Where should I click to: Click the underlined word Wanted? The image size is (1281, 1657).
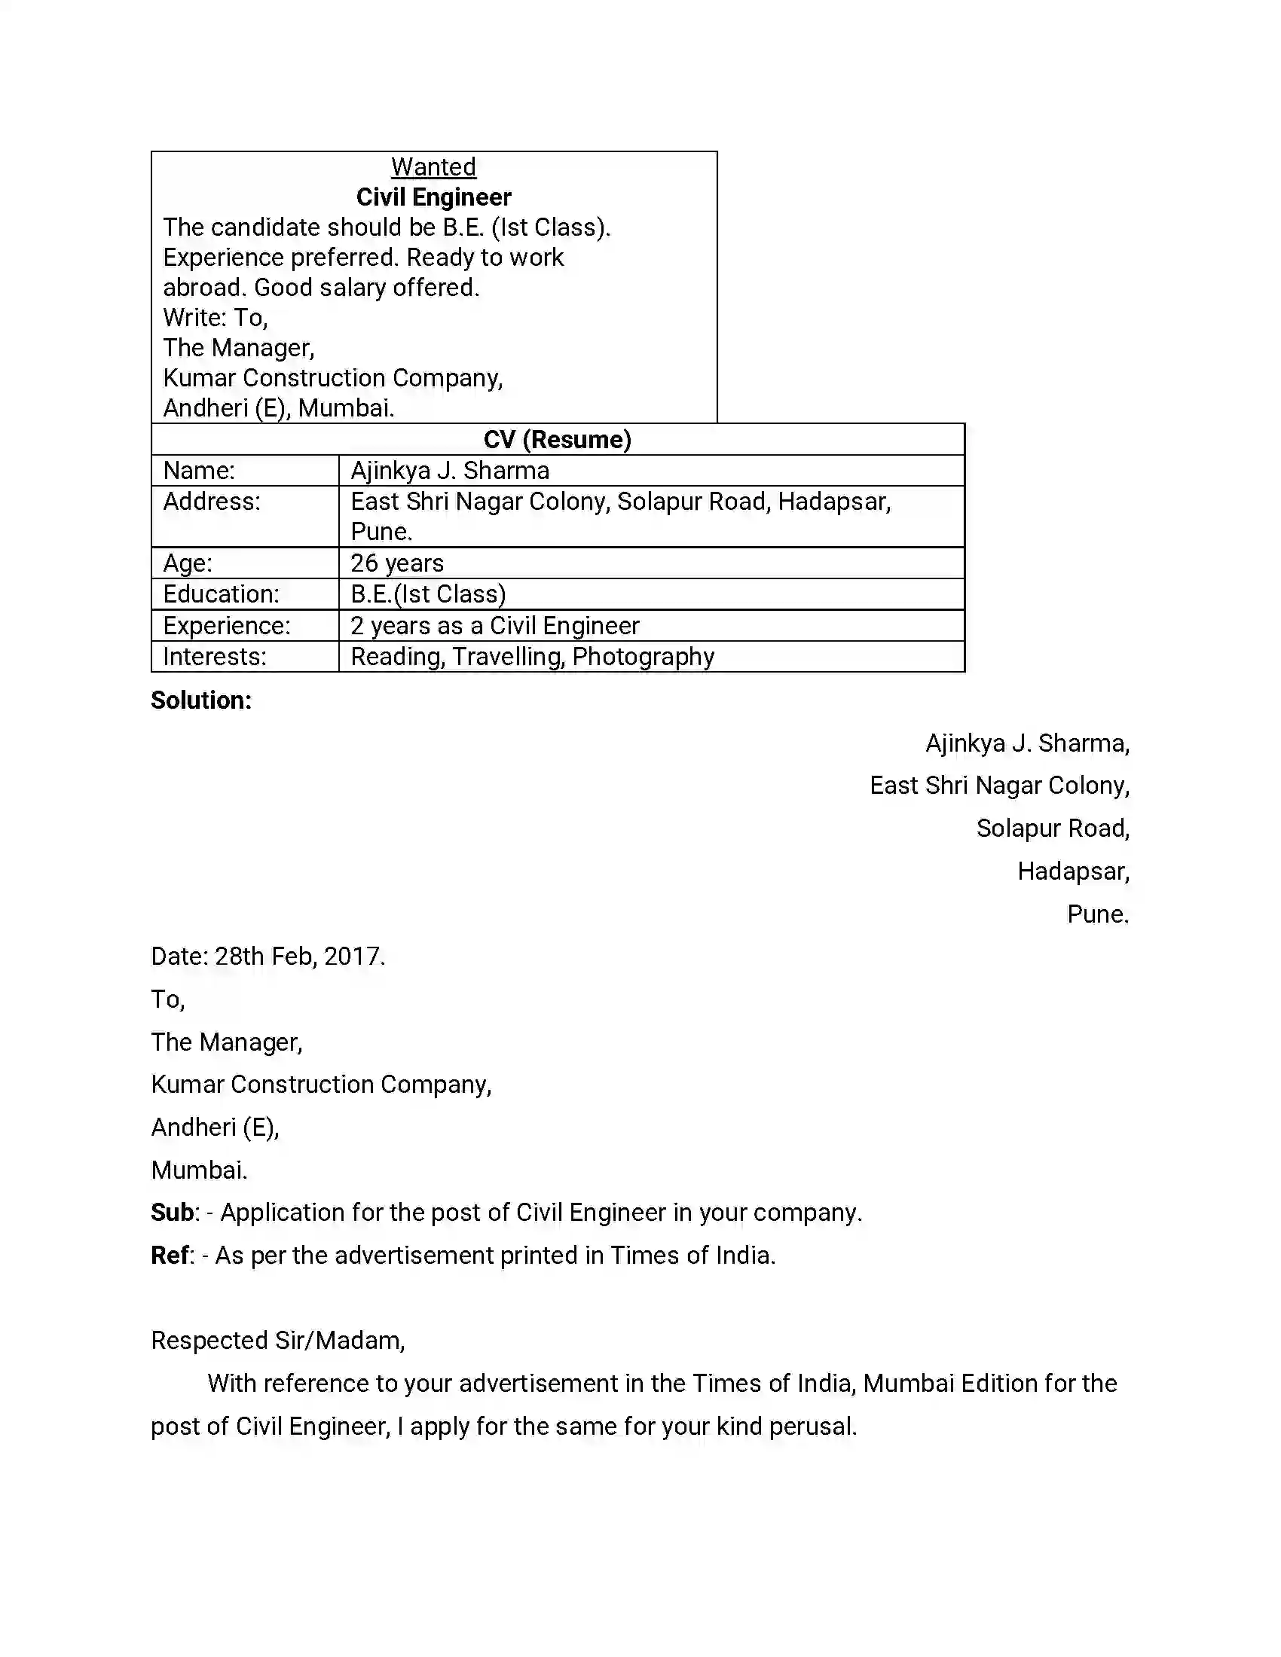(x=433, y=167)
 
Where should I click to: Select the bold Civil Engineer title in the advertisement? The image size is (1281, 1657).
(x=433, y=197)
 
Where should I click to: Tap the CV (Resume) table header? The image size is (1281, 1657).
(x=557, y=440)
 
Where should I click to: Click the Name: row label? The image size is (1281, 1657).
(x=199, y=471)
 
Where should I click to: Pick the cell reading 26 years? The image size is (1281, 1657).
(x=397, y=563)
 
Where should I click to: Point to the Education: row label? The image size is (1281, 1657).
(x=221, y=594)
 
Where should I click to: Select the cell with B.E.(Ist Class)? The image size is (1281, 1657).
(x=428, y=594)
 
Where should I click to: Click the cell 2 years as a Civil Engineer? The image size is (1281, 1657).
(x=495, y=626)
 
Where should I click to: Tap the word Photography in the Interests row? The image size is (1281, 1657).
(x=643, y=657)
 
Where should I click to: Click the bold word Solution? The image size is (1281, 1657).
(x=201, y=700)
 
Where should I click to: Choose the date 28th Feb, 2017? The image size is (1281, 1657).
(x=300, y=957)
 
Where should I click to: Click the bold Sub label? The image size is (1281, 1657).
(x=173, y=1213)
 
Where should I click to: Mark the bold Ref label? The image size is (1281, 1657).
(x=170, y=1256)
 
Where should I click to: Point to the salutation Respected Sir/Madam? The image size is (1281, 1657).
(x=278, y=1341)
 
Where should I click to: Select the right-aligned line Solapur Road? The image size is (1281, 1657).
(x=1053, y=828)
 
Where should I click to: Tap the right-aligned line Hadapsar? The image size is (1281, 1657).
(x=1073, y=871)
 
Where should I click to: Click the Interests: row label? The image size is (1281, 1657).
(x=215, y=657)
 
